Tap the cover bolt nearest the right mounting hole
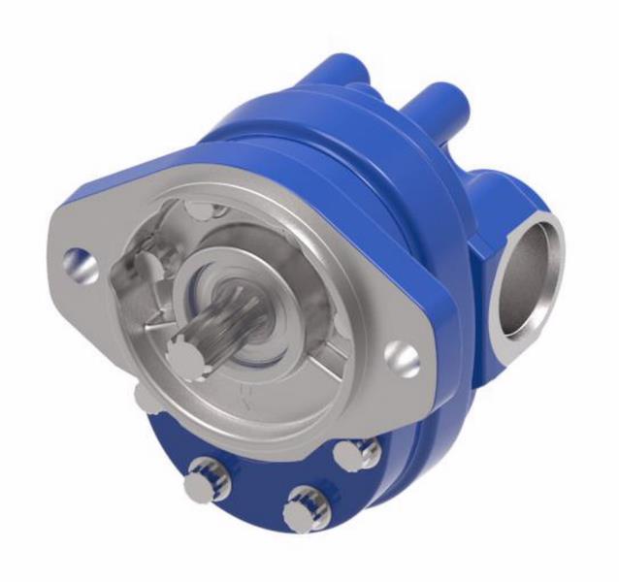352,452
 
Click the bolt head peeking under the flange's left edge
140,392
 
